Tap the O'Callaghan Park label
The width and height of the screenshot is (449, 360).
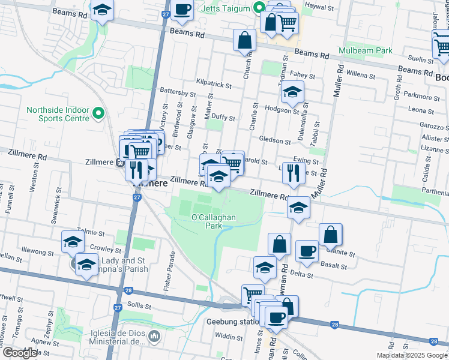[206, 221]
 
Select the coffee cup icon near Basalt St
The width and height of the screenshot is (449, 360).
[307, 251]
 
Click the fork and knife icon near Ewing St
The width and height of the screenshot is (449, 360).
[293, 172]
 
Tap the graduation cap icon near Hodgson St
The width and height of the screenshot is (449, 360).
[292, 91]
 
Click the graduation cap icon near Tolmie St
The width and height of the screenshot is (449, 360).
[73, 241]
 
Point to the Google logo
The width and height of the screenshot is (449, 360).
[20, 353]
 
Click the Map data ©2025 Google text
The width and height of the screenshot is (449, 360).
[412, 355]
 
